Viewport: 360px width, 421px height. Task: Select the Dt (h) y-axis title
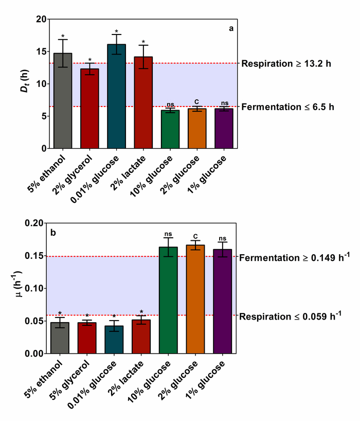tap(23, 83)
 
